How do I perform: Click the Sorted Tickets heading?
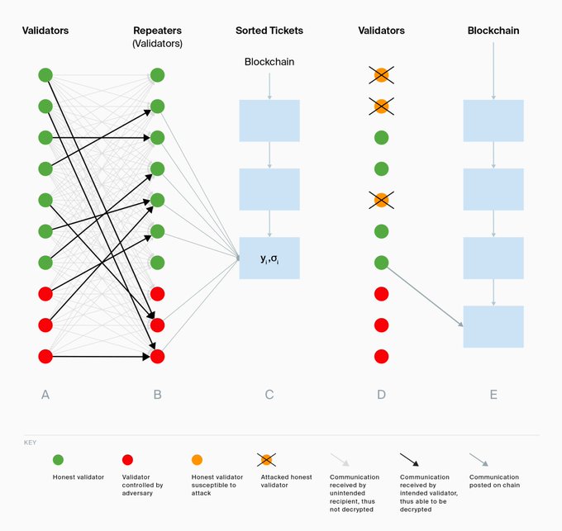269,31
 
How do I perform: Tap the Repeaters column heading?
157,31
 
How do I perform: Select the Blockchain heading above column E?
493,31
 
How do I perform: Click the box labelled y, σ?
269,258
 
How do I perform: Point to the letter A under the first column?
45,395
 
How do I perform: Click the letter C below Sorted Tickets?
269,395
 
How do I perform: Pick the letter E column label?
493,395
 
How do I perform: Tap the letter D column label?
381,395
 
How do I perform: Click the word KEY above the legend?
31,443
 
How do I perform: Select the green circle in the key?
58,458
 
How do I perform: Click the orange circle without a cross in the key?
197,458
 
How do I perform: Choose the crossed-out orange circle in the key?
266,458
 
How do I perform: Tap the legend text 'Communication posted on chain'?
494,481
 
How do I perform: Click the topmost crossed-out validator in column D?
381,75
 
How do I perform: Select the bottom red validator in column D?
381,357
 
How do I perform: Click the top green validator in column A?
45,75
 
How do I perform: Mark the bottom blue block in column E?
493,326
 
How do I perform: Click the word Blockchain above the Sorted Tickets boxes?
269,62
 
